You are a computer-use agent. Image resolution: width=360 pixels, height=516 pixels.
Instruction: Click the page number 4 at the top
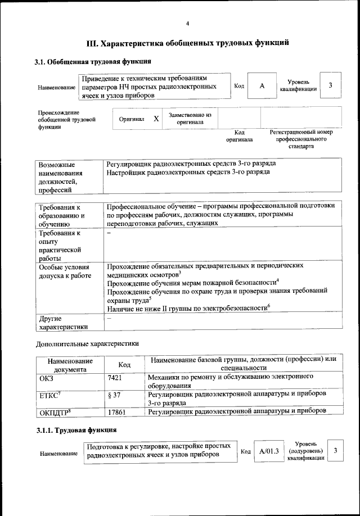pos(187,23)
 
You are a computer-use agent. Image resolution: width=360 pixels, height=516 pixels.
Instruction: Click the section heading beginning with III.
pos(187,43)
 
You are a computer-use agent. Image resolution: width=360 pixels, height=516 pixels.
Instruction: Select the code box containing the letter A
pos(262,85)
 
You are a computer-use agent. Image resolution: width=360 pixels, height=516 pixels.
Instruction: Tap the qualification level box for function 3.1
pos(331,85)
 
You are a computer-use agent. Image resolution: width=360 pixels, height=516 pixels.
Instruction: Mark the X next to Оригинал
pos(156,119)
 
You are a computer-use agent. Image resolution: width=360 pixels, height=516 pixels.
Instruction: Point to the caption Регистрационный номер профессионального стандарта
pos(301,139)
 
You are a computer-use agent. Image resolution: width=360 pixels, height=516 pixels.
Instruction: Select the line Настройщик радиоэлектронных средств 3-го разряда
pos(187,172)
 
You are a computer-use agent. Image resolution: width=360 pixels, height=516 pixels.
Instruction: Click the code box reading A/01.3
pos(269,451)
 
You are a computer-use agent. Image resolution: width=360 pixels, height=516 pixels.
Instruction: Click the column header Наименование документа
pos(70,365)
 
